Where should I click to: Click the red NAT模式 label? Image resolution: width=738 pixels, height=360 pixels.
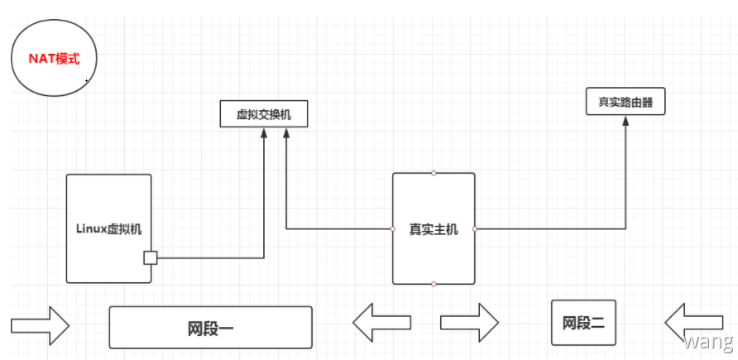click(x=55, y=60)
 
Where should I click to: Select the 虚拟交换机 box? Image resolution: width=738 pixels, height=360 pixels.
click(x=264, y=114)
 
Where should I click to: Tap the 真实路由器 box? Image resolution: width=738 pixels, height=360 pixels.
click(x=625, y=103)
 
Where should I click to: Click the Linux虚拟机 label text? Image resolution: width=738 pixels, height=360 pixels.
click(x=108, y=229)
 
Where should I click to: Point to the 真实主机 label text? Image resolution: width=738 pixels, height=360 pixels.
click(x=433, y=229)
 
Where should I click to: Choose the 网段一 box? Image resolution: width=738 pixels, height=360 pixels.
click(x=210, y=328)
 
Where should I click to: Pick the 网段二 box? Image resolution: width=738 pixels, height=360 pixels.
click(x=583, y=323)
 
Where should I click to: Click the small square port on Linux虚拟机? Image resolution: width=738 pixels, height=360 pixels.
click(x=150, y=257)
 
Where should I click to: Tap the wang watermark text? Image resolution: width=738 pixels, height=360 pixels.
click(x=709, y=341)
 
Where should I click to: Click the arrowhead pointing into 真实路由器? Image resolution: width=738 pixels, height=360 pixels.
click(x=625, y=121)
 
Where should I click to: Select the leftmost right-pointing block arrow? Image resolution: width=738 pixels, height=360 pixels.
click(x=40, y=324)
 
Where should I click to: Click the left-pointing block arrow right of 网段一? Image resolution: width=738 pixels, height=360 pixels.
click(x=381, y=322)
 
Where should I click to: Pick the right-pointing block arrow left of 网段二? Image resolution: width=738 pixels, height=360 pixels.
click(x=469, y=322)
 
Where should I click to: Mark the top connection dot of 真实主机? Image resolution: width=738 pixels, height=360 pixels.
click(x=434, y=173)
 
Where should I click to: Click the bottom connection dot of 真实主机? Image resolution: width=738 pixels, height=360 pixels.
click(x=434, y=284)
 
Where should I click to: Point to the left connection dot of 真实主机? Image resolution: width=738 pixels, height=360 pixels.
click(x=392, y=228)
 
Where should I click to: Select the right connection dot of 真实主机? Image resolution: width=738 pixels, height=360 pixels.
click(x=475, y=228)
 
